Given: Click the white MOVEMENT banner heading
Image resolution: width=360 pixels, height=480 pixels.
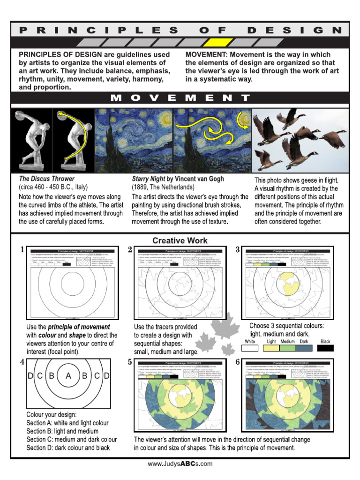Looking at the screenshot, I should [180, 98].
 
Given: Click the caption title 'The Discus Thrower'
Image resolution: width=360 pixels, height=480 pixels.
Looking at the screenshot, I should [46, 179].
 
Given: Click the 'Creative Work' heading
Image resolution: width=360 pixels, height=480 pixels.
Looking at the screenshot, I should [180, 240].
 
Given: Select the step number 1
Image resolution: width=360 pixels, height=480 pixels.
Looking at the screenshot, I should [22, 250].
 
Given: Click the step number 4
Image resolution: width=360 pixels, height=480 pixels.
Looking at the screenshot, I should [22, 362].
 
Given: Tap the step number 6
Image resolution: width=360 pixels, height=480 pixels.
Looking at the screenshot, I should [238, 362].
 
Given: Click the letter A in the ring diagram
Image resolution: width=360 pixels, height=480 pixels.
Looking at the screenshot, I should [68, 375].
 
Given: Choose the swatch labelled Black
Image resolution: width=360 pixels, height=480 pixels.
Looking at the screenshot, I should [325, 348].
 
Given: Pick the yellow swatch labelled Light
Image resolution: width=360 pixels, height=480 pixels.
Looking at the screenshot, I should [271, 348].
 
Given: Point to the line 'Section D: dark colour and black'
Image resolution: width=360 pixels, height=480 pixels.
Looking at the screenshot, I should [68, 448].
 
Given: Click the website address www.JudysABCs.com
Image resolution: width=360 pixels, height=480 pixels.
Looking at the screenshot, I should [180, 464].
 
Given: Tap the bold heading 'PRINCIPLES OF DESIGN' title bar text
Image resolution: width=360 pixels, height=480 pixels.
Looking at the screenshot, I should [180, 30].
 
